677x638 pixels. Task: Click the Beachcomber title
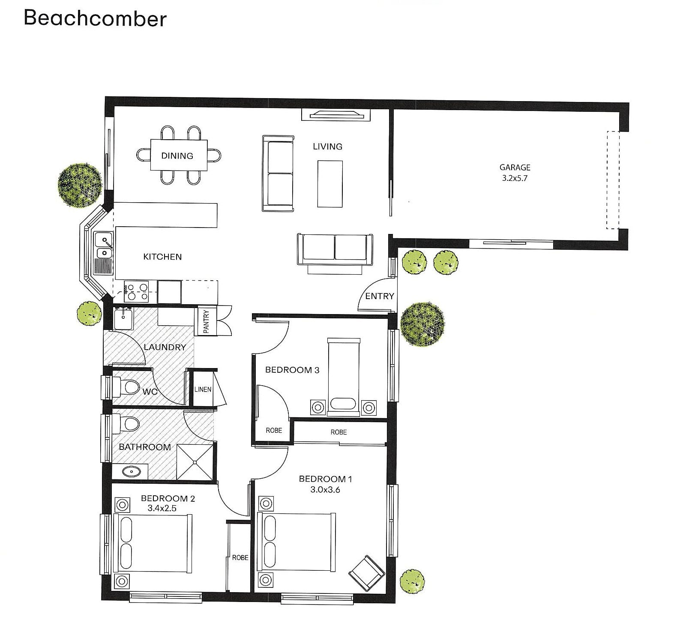(95, 18)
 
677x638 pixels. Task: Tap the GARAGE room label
(515, 168)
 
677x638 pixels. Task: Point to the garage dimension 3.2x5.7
(515, 178)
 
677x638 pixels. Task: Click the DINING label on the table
(177, 156)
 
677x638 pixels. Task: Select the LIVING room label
(327, 147)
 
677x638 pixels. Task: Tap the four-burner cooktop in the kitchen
(136, 291)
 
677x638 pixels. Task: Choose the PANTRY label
(206, 321)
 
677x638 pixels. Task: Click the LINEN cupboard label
(203, 389)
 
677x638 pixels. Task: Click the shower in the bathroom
(195, 462)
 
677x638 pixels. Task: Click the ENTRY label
(379, 296)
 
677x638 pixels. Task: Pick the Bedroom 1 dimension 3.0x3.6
(325, 490)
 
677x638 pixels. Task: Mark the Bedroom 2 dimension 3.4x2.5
(162, 509)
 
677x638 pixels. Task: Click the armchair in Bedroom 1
(367, 573)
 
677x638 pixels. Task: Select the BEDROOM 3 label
(292, 370)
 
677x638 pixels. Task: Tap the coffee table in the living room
(330, 184)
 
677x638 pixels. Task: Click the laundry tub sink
(124, 318)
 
